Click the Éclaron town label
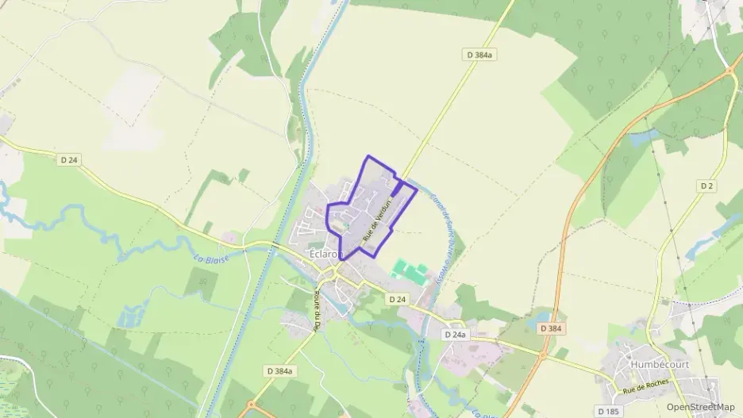pyautogui.click(x=324, y=255)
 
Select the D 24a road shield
pyautogui.click(x=455, y=335)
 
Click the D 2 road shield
pyautogui.click(x=706, y=186)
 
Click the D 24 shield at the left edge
pyautogui.click(x=69, y=159)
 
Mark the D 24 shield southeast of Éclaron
pyautogui.click(x=397, y=299)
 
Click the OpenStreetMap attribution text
pyautogui.click(x=700, y=407)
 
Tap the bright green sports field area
pyautogui.click(x=410, y=271)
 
